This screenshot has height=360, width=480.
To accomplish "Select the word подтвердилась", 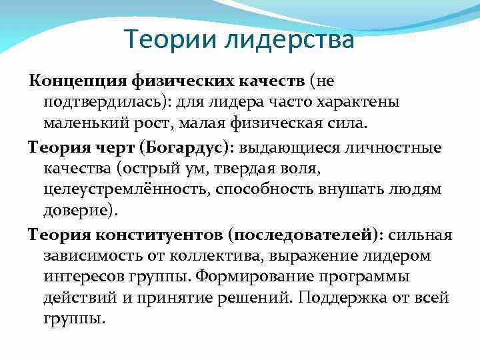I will pyautogui.click(x=101, y=102).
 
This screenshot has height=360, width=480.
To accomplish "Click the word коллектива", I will pyautogui.click(x=226, y=255).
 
